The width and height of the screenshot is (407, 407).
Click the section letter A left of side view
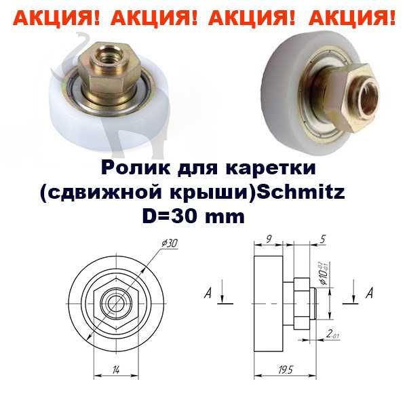point(211,294)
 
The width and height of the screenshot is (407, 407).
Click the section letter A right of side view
point(368,294)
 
